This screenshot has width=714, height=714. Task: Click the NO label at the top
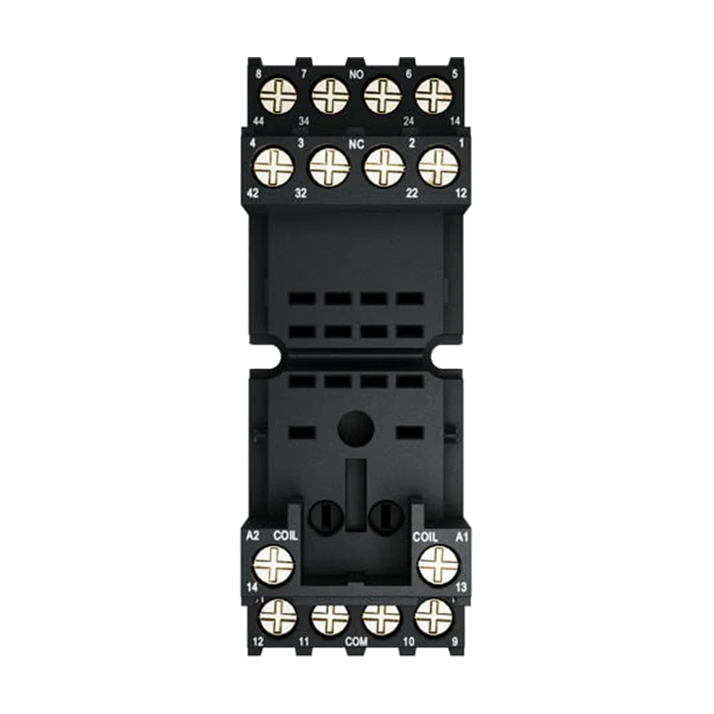coord(356,74)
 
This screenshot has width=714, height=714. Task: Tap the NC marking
coord(356,145)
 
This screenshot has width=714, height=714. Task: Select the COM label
coord(356,642)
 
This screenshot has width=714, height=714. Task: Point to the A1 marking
coord(462,537)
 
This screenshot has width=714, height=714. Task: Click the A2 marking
coord(253,536)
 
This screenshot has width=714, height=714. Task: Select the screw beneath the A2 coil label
coord(273,565)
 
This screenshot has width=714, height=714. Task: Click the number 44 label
coord(258,121)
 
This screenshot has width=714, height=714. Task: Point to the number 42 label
coord(253,193)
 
